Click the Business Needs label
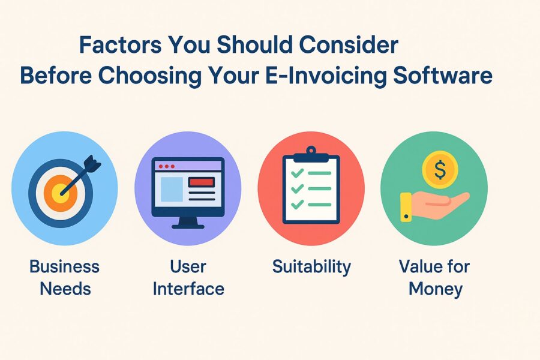65,277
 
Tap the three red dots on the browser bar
164,166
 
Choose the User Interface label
188,277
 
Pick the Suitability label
311,266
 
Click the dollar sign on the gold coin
440,170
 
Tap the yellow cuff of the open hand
406,207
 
